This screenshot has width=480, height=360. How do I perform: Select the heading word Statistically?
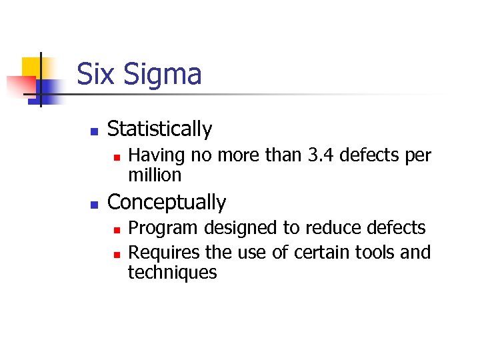[x=159, y=129]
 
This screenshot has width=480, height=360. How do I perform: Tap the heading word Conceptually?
[x=167, y=203]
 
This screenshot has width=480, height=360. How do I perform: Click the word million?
[x=155, y=175]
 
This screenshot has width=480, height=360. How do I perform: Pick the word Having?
[x=156, y=155]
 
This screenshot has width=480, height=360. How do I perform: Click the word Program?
[x=163, y=229]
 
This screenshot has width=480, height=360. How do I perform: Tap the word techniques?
[x=172, y=273]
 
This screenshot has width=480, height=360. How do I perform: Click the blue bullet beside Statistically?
[x=94, y=131]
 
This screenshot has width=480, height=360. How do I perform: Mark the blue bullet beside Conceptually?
[x=94, y=204]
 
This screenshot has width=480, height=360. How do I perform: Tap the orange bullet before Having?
[x=116, y=157]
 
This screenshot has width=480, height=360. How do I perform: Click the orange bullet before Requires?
[x=116, y=254]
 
